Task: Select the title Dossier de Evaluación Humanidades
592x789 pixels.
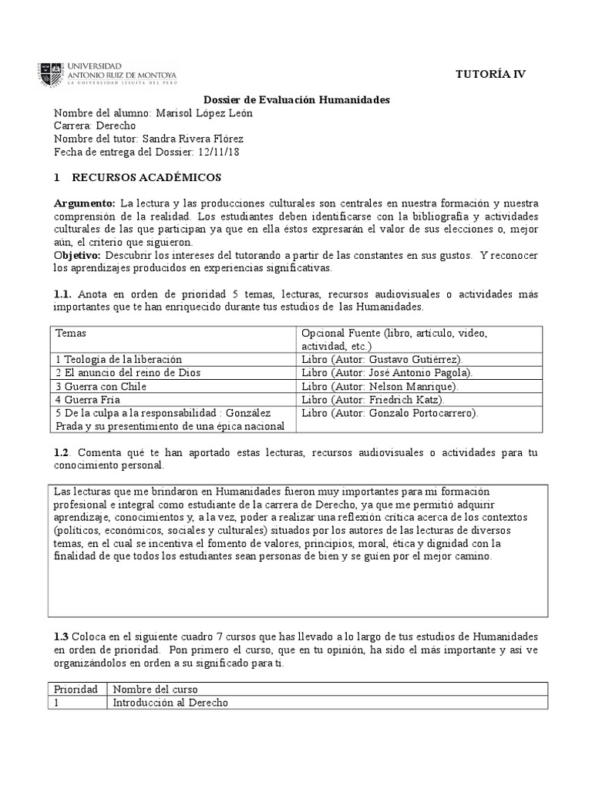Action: click(x=297, y=100)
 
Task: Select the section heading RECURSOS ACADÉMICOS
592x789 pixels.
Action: click(x=146, y=177)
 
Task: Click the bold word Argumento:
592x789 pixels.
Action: click(x=84, y=203)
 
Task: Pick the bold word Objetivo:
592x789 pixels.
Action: click(x=78, y=254)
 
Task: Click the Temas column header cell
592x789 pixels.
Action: click(x=71, y=333)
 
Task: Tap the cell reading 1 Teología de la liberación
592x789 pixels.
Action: click(x=119, y=359)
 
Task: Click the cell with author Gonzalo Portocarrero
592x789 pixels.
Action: click(x=390, y=412)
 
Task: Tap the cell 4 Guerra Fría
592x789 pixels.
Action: click(x=89, y=399)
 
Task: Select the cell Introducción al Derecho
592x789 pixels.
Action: click(x=171, y=702)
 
